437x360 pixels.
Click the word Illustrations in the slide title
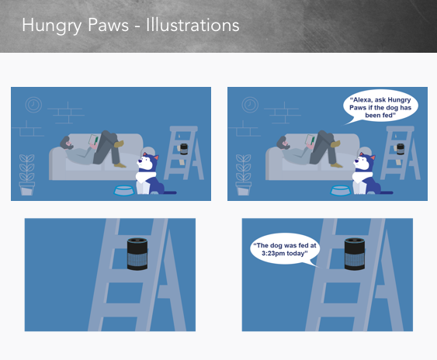click(x=192, y=25)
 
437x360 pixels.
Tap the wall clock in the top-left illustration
click(x=33, y=105)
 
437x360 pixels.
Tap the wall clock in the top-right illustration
click(x=250, y=105)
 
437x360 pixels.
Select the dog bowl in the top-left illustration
click(x=124, y=191)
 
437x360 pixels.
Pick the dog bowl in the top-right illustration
click(x=341, y=191)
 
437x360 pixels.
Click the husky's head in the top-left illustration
click(x=147, y=162)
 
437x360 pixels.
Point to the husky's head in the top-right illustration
click(x=364, y=162)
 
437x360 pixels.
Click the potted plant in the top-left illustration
click(x=26, y=175)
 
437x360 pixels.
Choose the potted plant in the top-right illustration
click(x=243, y=175)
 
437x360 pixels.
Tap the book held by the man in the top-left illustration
click(x=93, y=140)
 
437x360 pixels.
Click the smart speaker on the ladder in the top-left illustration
click(x=184, y=149)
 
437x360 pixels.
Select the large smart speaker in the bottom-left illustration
click(x=137, y=254)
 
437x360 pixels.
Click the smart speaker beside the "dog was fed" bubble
click(x=355, y=254)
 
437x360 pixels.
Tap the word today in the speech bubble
click(x=298, y=253)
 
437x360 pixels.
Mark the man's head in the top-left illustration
click(x=67, y=143)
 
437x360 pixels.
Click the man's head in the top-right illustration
click(x=283, y=143)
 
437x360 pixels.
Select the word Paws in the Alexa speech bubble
click(x=357, y=108)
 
